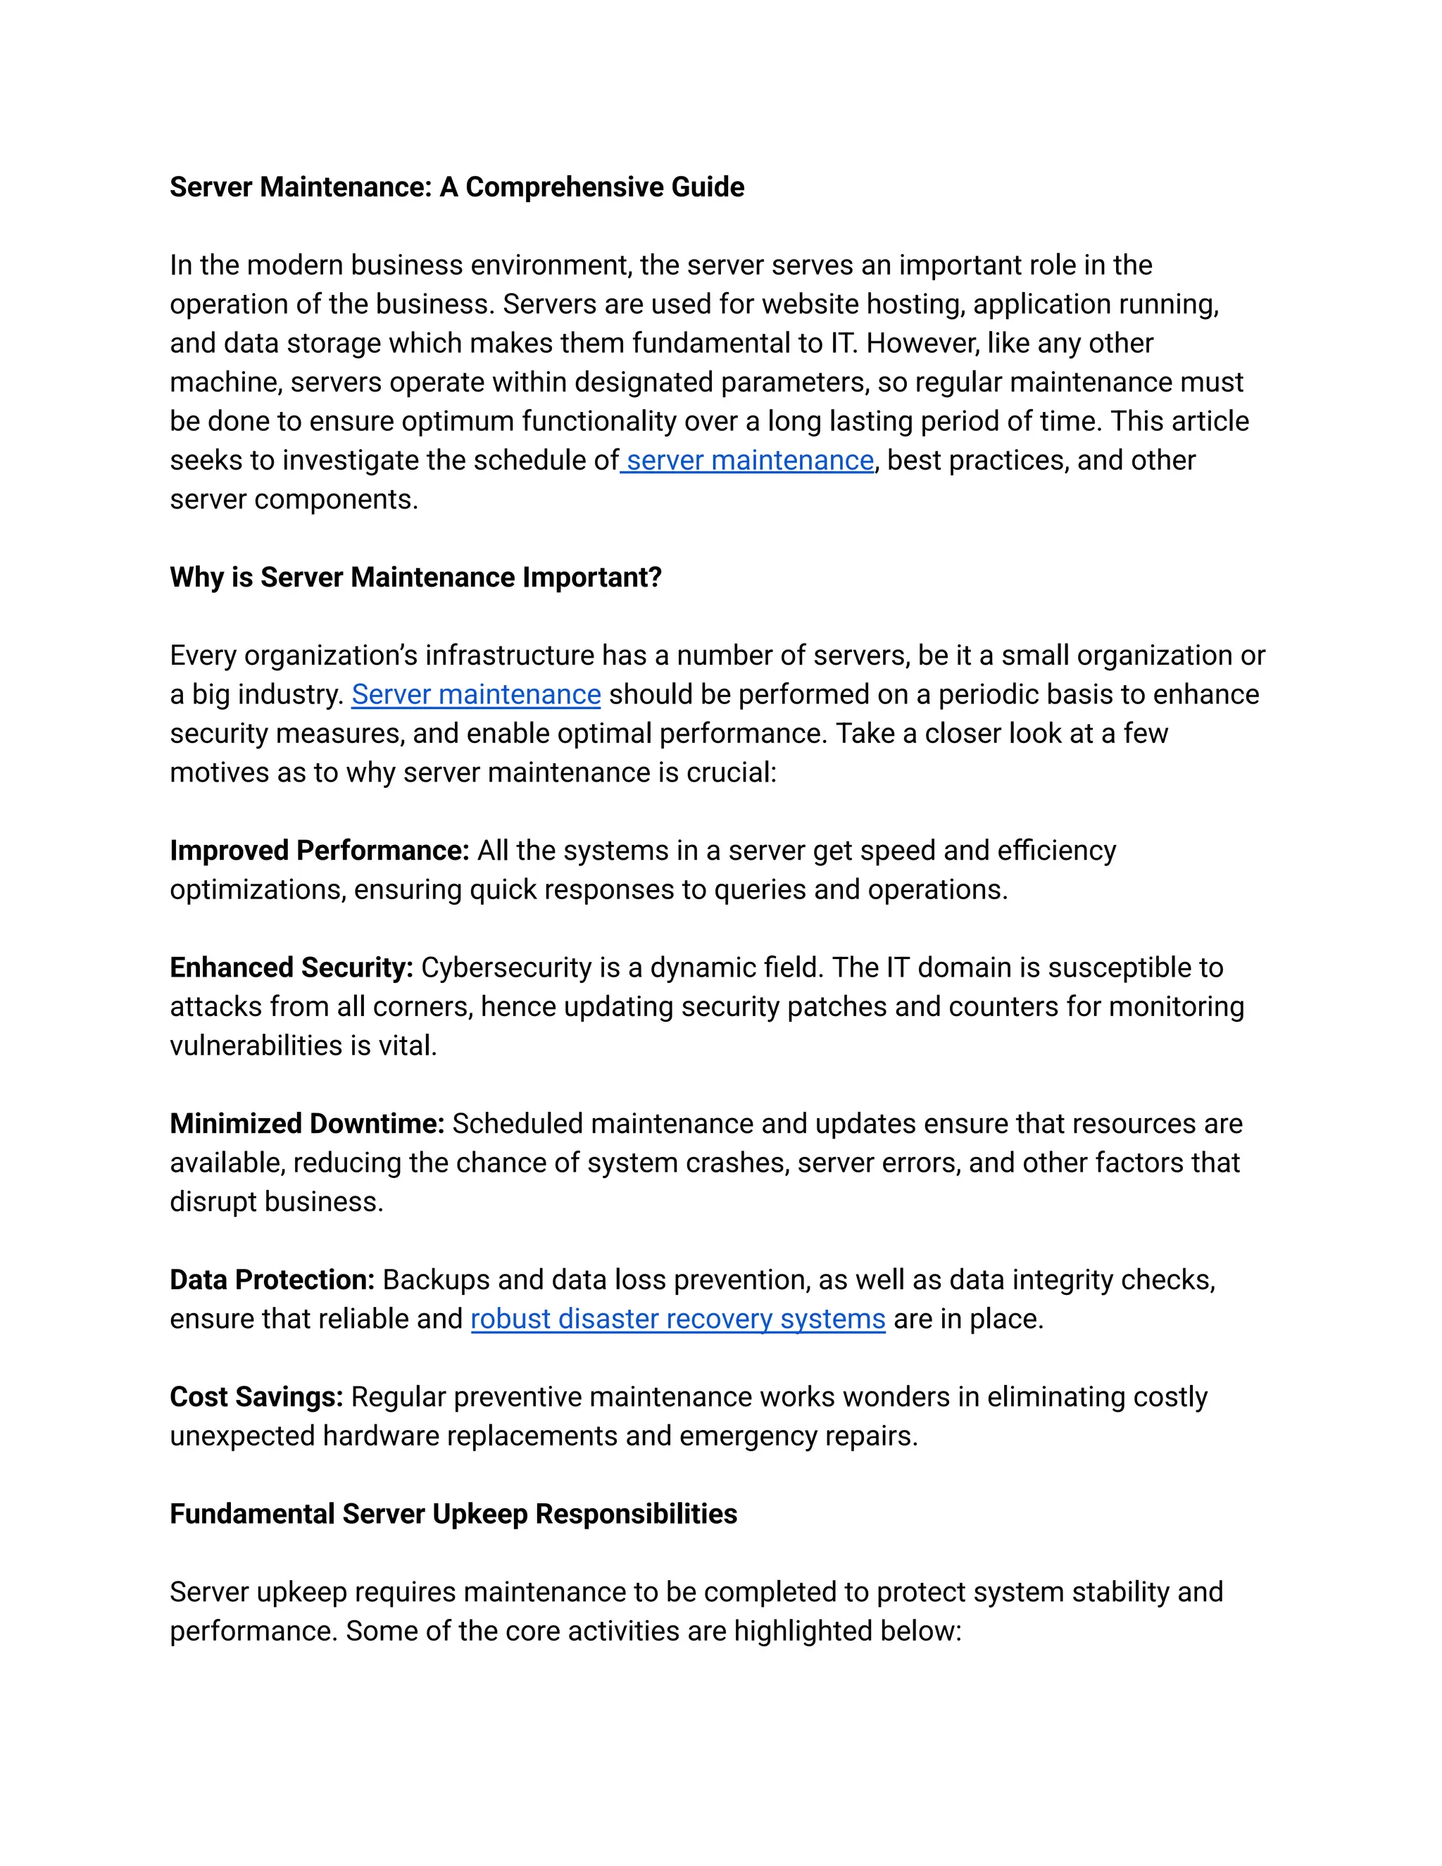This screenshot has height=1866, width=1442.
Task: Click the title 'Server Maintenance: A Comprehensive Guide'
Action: [456, 187]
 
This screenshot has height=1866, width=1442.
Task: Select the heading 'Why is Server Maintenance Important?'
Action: [415, 577]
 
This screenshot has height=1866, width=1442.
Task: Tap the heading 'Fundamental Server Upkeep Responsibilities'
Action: [453, 1514]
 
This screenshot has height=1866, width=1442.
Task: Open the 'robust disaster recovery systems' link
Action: [677, 1319]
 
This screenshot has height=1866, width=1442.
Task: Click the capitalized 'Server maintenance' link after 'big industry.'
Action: [476, 694]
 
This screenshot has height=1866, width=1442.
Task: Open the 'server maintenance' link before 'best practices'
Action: [749, 461]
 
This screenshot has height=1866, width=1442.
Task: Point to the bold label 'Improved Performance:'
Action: [320, 851]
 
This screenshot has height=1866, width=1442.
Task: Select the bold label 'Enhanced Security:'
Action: [291, 968]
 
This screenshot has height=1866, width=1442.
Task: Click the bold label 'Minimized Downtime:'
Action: [307, 1125]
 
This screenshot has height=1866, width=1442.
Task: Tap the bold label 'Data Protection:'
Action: [272, 1280]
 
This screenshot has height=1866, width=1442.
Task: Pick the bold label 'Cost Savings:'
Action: [256, 1397]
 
